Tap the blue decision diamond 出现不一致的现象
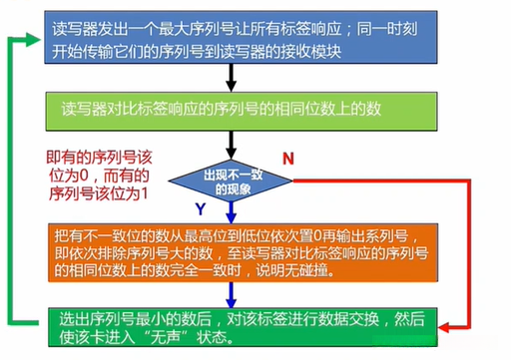(x=230, y=180)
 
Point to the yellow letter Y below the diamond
(x=200, y=209)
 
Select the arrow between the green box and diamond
(x=231, y=148)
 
